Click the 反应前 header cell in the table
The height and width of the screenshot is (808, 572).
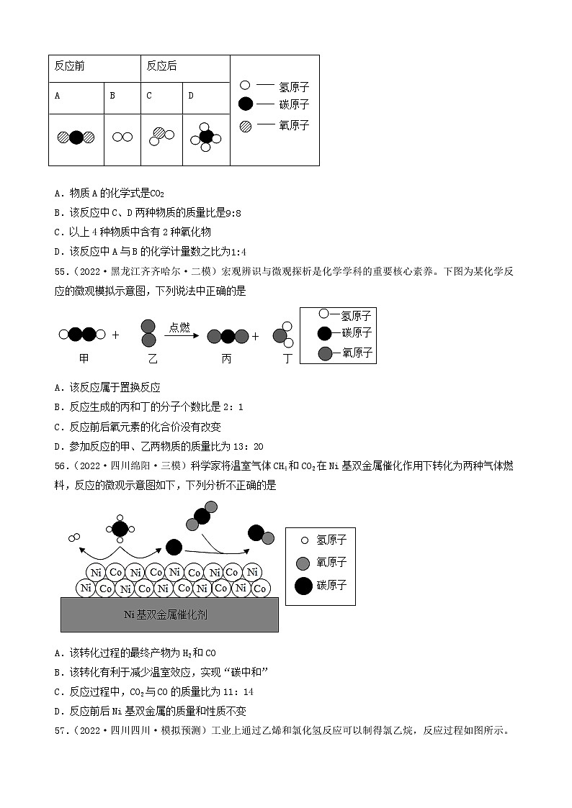click(x=69, y=66)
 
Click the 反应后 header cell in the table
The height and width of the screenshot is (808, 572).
click(x=161, y=66)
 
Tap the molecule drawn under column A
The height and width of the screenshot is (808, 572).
click(x=76, y=137)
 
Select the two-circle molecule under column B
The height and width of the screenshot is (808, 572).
click(x=123, y=137)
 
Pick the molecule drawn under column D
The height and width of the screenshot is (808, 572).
click(x=206, y=137)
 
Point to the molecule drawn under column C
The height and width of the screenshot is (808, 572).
click(x=162, y=136)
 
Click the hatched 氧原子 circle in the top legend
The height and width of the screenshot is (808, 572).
click(x=246, y=125)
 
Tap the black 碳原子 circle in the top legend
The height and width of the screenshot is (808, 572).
click(x=246, y=104)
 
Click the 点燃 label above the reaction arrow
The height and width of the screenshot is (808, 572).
click(x=179, y=327)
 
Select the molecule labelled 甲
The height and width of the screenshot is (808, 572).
click(x=83, y=335)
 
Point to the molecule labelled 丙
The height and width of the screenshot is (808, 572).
click(x=228, y=335)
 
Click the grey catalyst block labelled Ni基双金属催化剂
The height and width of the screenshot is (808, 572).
click(x=170, y=614)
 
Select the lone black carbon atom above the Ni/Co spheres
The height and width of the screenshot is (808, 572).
click(x=174, y=547)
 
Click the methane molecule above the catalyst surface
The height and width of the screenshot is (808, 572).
click(x=120, y=529)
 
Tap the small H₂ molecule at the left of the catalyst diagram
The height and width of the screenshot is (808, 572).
click(x=73, y=537)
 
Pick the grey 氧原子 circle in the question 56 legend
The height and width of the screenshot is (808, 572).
click(x=303, y=563)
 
